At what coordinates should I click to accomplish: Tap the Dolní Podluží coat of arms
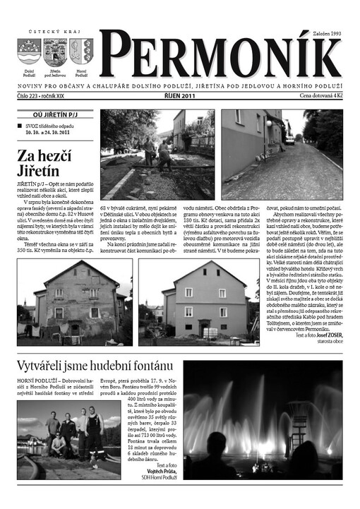[x=29, y=52]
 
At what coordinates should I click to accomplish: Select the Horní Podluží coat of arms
[x=80, y=52]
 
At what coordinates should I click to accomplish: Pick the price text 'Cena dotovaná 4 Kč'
[x=320, y=95]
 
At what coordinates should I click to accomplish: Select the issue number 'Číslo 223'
[x=32, y=95]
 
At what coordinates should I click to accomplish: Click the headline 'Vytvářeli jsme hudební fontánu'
[x=95, y=365]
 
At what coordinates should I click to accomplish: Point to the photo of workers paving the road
[x=157, y=155]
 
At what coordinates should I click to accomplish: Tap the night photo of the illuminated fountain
[x=262, y=419]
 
